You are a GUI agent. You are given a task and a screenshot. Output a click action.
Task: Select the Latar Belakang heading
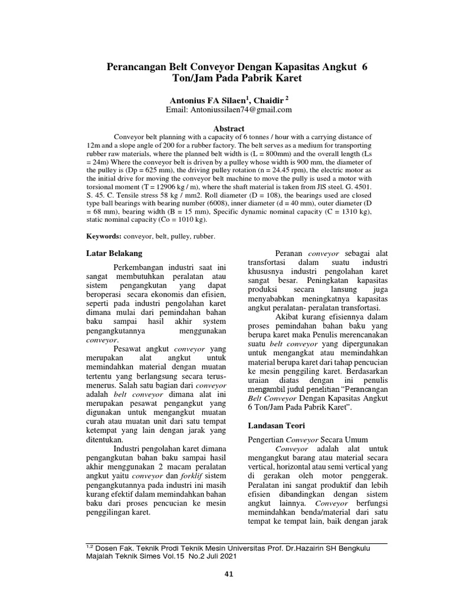(x=114, y=254)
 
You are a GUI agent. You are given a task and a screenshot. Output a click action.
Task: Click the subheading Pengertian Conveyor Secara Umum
(x=308, y=439)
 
